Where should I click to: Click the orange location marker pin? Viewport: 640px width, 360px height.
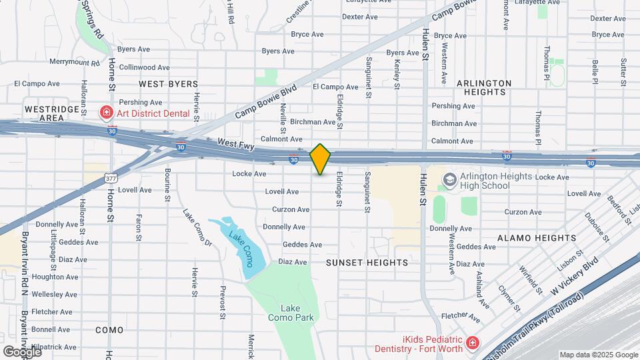[x=321, y=159]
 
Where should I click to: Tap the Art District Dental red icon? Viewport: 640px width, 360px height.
[x=105, y=113]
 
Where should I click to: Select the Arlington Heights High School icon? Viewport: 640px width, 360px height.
[x=449, y=179]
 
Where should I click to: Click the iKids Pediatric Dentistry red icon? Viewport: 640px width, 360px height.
[x=472, y=343]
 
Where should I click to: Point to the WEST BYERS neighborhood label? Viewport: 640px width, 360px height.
[x=169, y=84]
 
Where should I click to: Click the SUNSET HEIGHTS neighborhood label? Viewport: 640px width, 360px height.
[x=367, y=263]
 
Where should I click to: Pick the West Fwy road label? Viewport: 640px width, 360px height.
[x=237, y=143]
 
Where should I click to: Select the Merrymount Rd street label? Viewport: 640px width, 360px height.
[x=74, y=62]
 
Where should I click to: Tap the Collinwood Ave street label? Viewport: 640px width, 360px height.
[x=145, y=67]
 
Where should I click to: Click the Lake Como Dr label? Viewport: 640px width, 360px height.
[x=198, y=229]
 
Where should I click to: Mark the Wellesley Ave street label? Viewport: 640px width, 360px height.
[x=55, y=294]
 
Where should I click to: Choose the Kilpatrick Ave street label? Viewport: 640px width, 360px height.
[x=53, y=347]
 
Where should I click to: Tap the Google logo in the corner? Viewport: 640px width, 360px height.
[x=22, y=351]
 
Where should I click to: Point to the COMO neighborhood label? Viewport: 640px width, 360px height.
[x=110, y=330]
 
